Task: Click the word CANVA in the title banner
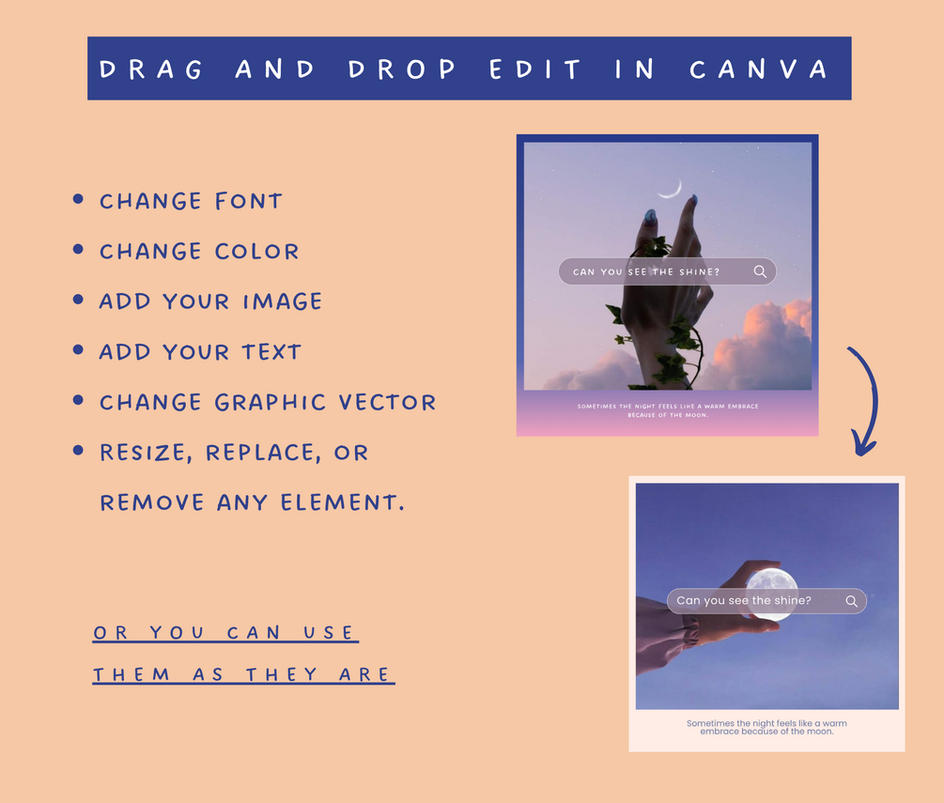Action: click(x=759, y=69)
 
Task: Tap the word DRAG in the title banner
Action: click(x=151, y=69)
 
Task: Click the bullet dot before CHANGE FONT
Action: click(x=78, y=199)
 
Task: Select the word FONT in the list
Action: click(x=249, y=201)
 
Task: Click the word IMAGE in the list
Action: click(x=283, y=301)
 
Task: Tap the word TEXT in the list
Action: click(x=271, y=352)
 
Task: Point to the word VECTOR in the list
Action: click(x=387, y=402)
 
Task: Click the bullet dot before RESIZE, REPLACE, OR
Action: click(x=78, y=450)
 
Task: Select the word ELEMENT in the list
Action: click(x=342, y=502)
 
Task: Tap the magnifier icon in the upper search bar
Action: click(x=761, y=272)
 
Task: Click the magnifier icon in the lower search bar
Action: click(x=851, y=601)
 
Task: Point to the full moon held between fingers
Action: click(x=772, y=595)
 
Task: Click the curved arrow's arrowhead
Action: click(x=864, y=444)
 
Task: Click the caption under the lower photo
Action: click(x=766, y=727)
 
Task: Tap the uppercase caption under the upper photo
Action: click(x=668, y=410)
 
